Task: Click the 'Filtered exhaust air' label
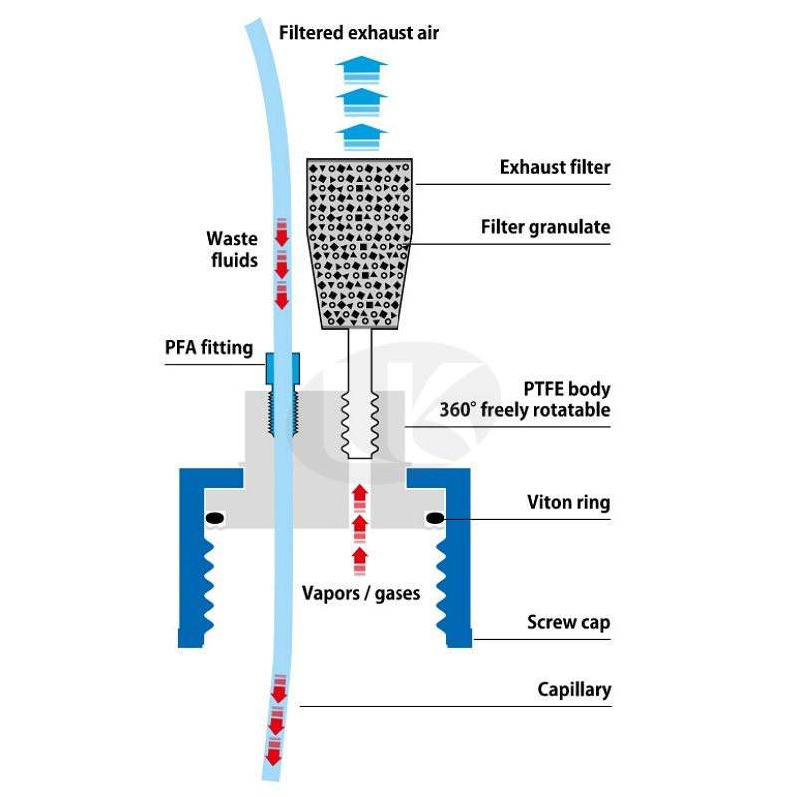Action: tap(359, 33)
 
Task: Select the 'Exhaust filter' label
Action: tap(554, 167)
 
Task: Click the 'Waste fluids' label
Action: tap(232, 250)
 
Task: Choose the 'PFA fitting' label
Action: tap(208, 349)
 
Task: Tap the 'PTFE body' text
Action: tap(566, 389)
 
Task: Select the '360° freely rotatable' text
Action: tap(525, 410)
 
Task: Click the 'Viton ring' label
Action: tap(568, 503)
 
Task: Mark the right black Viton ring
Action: tap(434, 518)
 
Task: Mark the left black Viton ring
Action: tap(214, 519)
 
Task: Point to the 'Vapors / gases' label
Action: tap(361, 593)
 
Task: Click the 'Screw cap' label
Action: tap(568, 623)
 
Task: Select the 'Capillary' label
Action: tap(574, 689)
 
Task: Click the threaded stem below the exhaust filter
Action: tap(361, 398)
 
